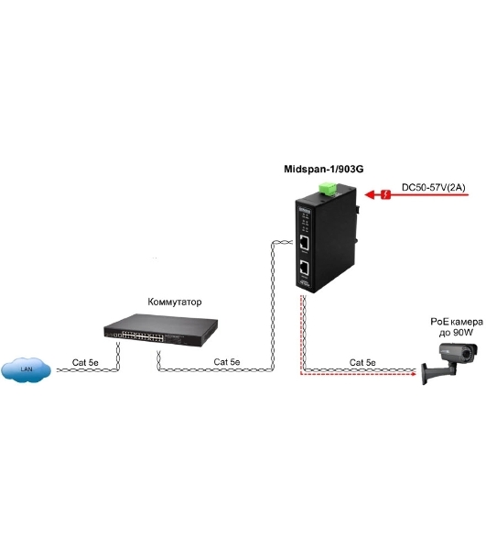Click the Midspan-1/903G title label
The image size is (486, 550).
tap(323, 169)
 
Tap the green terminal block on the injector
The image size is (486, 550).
tap(328, 188)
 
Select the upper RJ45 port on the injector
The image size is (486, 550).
tap(304, 243)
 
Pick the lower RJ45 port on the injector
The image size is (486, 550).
tap(304, 269)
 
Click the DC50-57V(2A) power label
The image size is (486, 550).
tap(434, 188)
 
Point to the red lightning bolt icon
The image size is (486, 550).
tap(385, 194)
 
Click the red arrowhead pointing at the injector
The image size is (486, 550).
tap(370, 194)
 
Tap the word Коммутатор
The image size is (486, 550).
tap(175, 302)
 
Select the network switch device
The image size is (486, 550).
tap(161, 330)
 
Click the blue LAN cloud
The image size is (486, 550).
tap(27, 369)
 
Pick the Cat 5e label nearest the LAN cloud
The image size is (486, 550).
tap(85, 362)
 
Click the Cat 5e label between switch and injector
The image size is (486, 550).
tap(227, 362)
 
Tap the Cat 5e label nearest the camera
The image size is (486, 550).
tap(362, 362)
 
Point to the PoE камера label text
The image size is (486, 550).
tap(457, 322)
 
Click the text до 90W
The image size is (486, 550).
tap(456, 332)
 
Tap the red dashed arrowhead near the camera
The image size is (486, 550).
tap(413, 374)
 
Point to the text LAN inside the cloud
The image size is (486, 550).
tap(27, 369)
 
